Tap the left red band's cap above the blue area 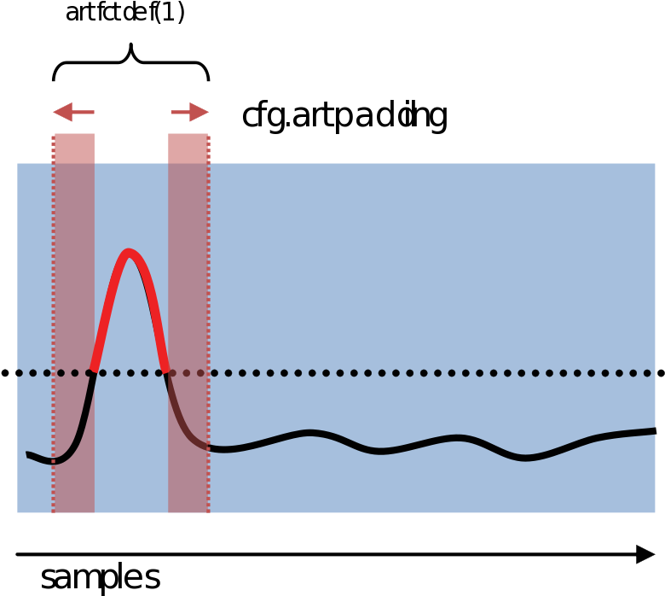coord(74,148)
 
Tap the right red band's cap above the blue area coord(188,148)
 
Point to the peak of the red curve coord(129,252)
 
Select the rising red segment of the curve coord(109,307)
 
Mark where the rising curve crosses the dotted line coord(93,372)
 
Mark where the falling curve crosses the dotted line coord(166,372)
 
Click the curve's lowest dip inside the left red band coord(58,461)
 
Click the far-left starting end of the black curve coord(28,454)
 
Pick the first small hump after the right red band coord(310,433)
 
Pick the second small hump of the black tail coord(458,439)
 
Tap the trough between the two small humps coord(380,451)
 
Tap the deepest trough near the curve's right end coord(525,458)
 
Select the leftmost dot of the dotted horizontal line coord(19,373)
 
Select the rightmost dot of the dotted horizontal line coord(647,373)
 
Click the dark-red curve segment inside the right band coord(181,418)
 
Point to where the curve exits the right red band coord(209,447)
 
